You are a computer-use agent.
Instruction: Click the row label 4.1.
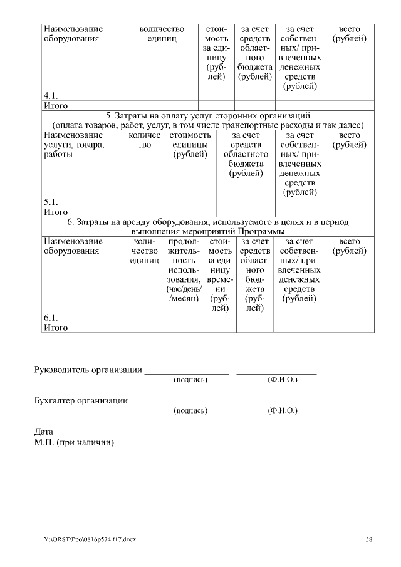tap(51, 96)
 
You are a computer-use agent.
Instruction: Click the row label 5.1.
tap(51, 202)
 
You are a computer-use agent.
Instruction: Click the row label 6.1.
tap(51, 318)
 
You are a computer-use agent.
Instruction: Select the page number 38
tap(369, 539)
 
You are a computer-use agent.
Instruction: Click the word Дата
tap(44, 432)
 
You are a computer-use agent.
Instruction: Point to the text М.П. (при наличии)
tap(74, 442)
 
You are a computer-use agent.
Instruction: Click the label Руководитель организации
tap(87, 369)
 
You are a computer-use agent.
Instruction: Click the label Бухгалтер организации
tap(81, 400)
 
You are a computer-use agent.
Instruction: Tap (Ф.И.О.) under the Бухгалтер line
tap(282, 410)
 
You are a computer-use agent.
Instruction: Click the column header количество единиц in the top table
tap(162, 34)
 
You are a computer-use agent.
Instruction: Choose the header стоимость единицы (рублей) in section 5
tap(190, 145)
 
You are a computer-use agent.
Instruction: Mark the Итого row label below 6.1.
tap(55, 328)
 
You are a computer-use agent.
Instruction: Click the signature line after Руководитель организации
tap(187, 372)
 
